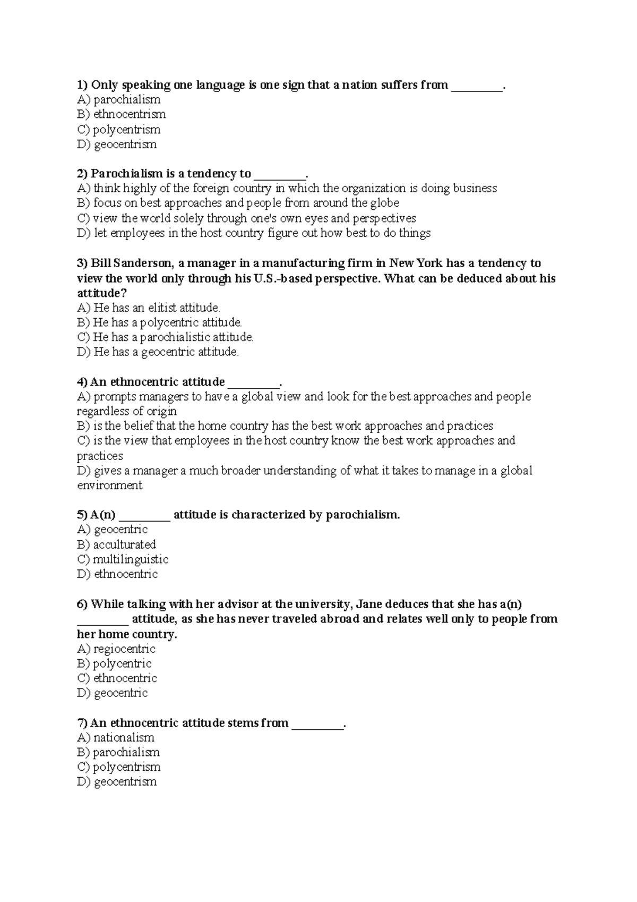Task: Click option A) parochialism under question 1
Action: coord(118,100)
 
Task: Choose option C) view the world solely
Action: coord(246,218)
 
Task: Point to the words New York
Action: coord(416,263)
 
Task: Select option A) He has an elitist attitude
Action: coord(148,308)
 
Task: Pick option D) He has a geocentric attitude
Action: coord(158,352)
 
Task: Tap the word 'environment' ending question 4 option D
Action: coord(110,486)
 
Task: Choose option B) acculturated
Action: coord(116,544)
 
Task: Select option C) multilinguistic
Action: coord(123,559)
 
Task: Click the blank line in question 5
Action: coord(144,515)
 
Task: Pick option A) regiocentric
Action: coord(116,649)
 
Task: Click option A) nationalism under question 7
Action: coord(115,738)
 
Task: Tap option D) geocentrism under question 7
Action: coord(117,782)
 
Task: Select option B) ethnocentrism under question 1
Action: coord(121,114)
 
